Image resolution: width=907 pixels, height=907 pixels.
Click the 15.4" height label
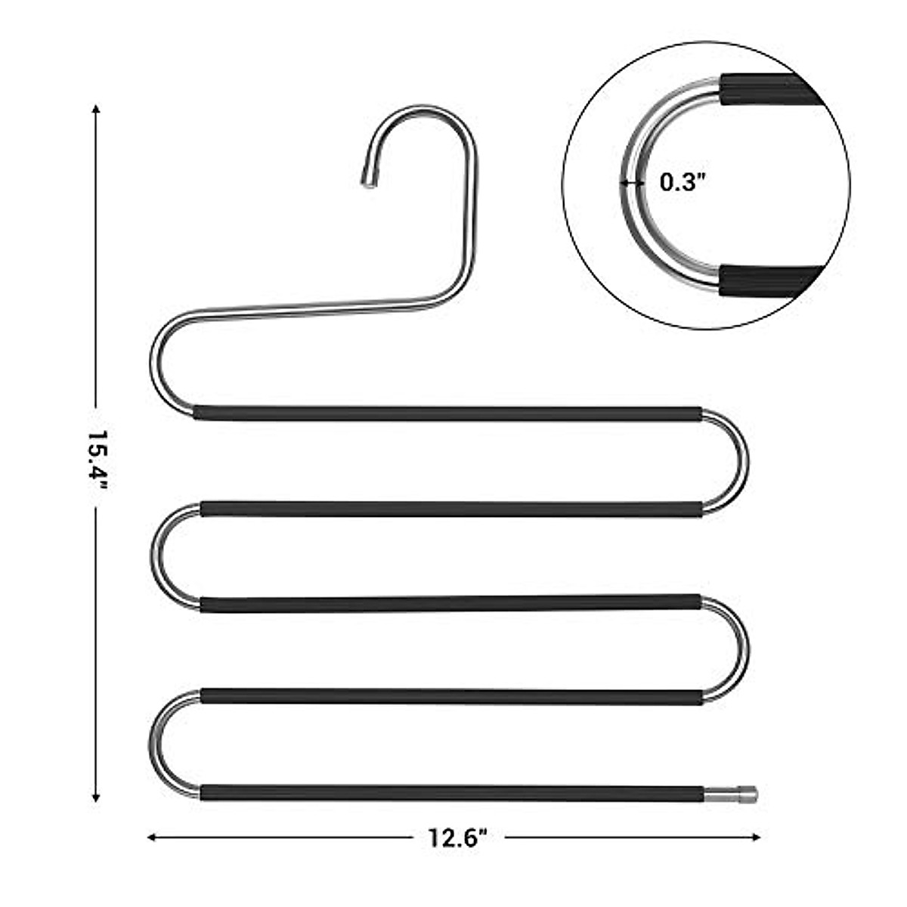click(x=96, y=458)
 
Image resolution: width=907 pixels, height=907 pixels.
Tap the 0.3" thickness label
click(x=682, y=182)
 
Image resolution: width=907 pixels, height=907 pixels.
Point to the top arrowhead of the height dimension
click(x=96, y=109)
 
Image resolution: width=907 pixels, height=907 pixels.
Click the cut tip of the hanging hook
click(x=368, y=181)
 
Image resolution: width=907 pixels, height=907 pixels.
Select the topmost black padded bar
click(x=447, y=413)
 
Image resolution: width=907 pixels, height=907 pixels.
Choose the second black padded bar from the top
click(x=451, y=509)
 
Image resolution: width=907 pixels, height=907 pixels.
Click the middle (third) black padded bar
click(x=451, y=603)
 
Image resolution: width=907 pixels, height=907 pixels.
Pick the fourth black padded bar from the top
click(x=451, y=696)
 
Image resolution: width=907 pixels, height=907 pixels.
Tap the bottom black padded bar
click(x=451, y=793)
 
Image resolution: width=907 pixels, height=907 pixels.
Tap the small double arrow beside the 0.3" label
click(x=631, y=182)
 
